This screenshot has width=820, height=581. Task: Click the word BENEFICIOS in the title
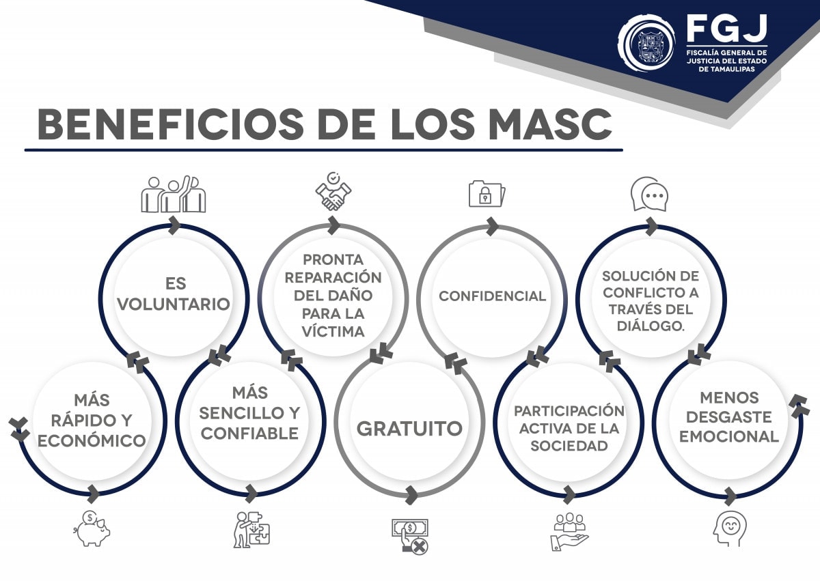pyautogui.click(x=171, y=124)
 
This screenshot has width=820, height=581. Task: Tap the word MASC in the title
pyautogui.click(x=551, y=124)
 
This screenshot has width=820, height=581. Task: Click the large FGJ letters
pyautogui.click(x=727, y=29)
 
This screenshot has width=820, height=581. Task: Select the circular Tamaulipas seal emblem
pyautogui.click(x=647, y=43)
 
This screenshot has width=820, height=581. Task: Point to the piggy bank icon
pyautogui.click(x=92, y=528)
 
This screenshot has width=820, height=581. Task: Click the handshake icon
pyautogui.click(x=333, y=191)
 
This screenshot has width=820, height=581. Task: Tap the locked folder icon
pyautogui.click(x=487, y=193)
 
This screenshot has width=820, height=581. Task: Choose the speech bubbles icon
pyautogui.click(x=649, y=194)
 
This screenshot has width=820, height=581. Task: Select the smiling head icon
pyautogui.click(x=730, y=528)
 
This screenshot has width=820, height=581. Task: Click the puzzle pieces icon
pyautogui.click(x=252, y=529)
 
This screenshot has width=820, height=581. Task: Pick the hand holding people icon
pyautogui.click(x=569, y=531)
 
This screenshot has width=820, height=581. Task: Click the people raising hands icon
pyautogui.click(x=174, y=194)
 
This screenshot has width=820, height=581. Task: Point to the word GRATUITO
pyautogui.click(x=409, y=429)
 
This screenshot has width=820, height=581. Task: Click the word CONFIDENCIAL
pyautogui.click(x=493, y=296)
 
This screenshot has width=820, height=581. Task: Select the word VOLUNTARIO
pyautogui.click(x=174, y=304)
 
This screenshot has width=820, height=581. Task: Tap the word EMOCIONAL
pyautogui.click(x=729, y=436)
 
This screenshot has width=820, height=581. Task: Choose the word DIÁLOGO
pyautogui.click(x=651, y=326)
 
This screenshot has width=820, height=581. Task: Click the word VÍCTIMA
pyautogui.click(x=333, y=331)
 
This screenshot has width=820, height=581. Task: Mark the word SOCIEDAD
pyautogui.click(x=569, y=446)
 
